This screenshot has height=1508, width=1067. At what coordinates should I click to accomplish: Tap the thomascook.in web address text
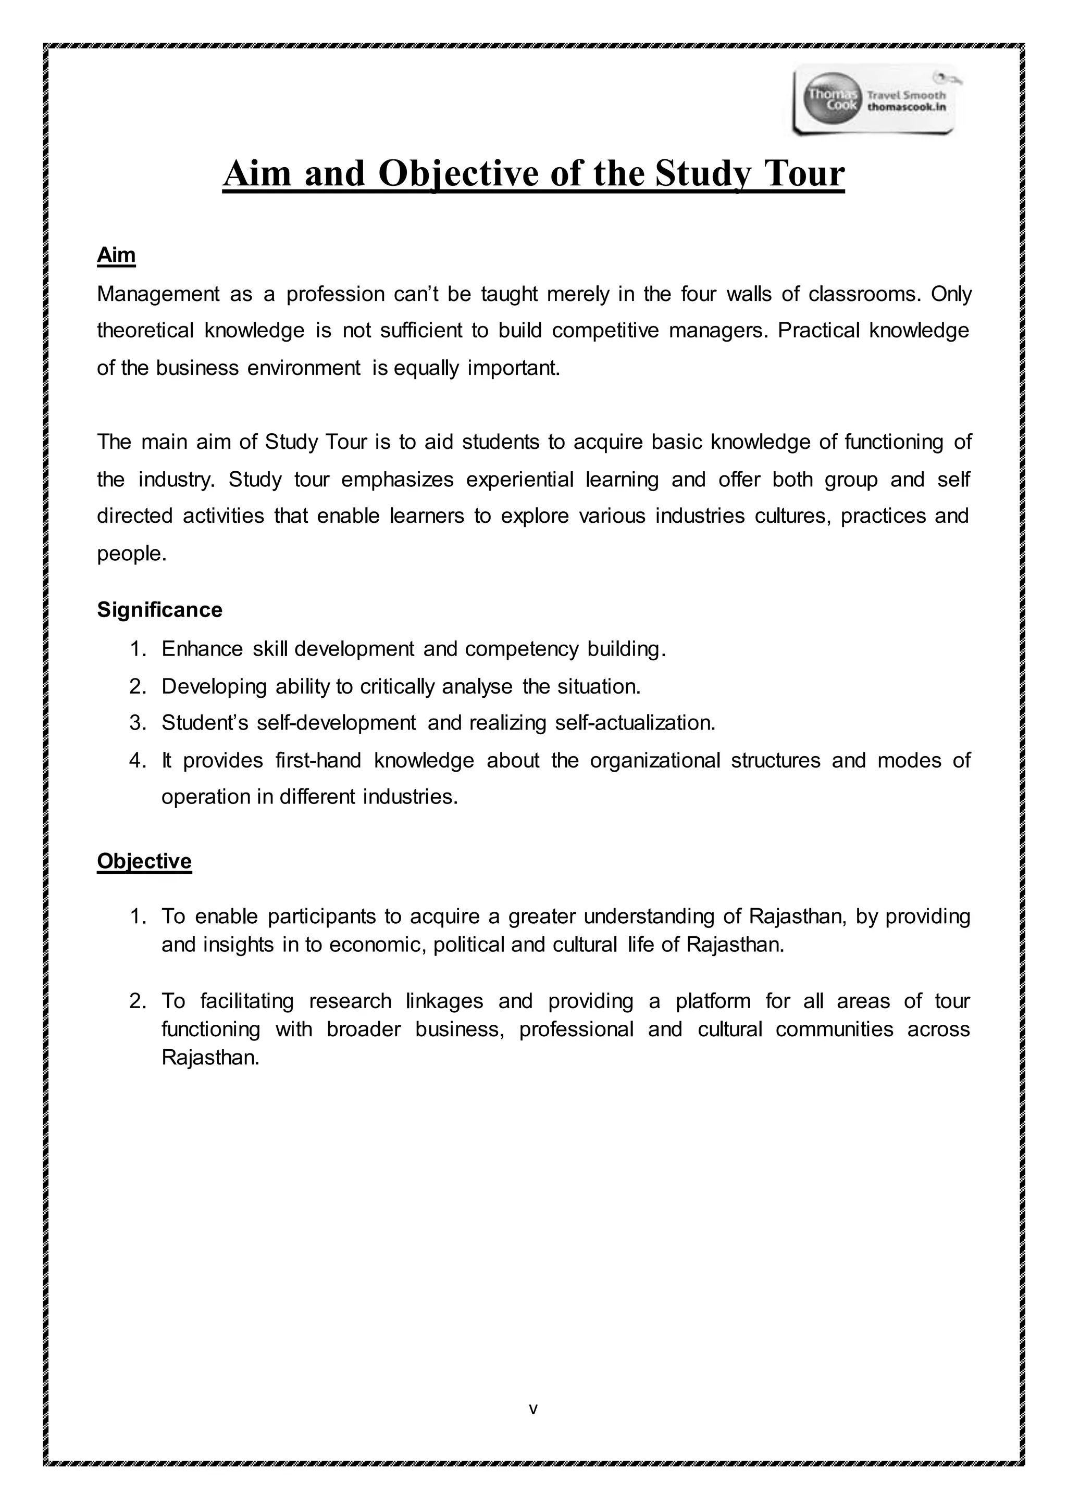(x=907, y=107)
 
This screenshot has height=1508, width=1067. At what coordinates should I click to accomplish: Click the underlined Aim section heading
(x=116, y=255)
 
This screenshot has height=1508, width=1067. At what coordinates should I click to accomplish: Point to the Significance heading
(x=159, y=610)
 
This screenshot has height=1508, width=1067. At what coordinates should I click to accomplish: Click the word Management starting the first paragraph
(x=158, y=294)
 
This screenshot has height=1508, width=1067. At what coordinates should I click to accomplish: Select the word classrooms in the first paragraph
(x=864, y=294)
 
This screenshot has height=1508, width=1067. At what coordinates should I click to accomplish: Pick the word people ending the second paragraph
(x=130, y=554)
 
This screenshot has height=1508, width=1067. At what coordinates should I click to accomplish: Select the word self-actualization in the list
(x=634, y=723)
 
